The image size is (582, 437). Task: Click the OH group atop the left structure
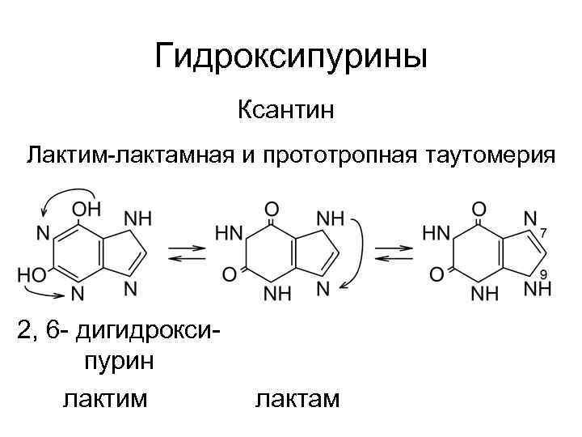pyautogui.click(x=86, y=207)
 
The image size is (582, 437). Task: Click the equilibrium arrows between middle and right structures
pyautogui.click(x=394, y=252)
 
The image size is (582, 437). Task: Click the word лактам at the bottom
pyautogui.click(x=297, y=399)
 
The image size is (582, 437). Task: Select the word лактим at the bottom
pyautogui.click(x=105, y=399)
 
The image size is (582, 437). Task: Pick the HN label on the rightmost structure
pyautogui.click(x=436, y=233)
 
